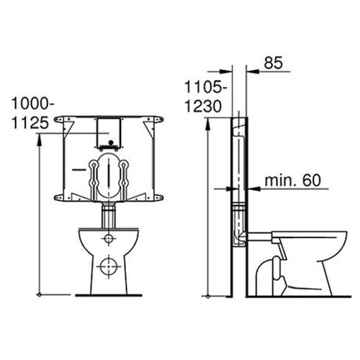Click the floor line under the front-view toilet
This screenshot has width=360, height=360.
tap(108, 294)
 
